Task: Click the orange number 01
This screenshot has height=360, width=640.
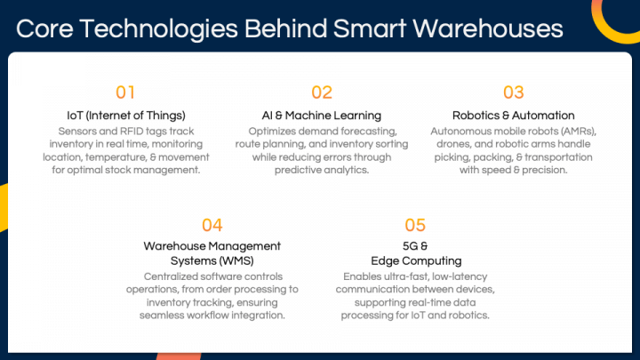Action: (x=126, y=92)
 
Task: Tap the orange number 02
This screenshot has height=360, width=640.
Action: (x=322, y=92)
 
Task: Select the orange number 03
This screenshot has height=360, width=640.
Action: (x=514, y=92)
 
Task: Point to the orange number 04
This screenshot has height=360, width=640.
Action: (x=212, y=225)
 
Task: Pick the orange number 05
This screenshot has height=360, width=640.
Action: (x=415, y=225)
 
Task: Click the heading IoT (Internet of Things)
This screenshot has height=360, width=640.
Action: (x=126, y=116)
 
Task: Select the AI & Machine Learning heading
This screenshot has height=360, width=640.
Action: (x=322, y=116)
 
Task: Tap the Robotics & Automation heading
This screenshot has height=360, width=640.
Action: (x=514, y=116)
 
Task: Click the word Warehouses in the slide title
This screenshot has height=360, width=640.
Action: (x=492, y=28)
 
